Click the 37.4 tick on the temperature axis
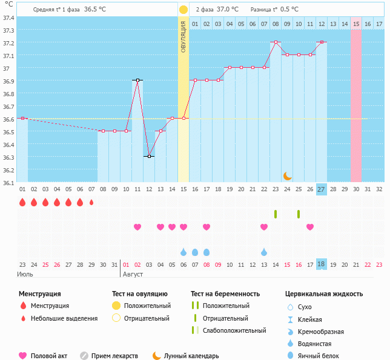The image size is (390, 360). tap(8, 18)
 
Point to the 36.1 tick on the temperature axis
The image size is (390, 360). tap(8, 182)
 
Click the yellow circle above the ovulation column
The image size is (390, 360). tap(183, 10)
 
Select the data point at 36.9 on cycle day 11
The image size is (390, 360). tap(137, 80)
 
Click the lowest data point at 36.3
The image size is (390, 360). tap(149, 156)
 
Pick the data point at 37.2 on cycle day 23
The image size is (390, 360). tap(276, 42)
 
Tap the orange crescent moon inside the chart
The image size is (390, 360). tap(288, 175)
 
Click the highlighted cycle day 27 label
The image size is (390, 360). tap(322, 189)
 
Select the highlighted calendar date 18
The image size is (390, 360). tap(322, 264)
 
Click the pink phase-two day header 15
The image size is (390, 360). tap(356, 24)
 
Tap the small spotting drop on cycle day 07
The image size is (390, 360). tap(91, 202)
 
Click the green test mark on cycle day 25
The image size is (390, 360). tap(299, 214)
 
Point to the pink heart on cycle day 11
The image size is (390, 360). tap(137, 227)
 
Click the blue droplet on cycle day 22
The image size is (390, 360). tap(264, 252)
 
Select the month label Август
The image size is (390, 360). tap(133, 275)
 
